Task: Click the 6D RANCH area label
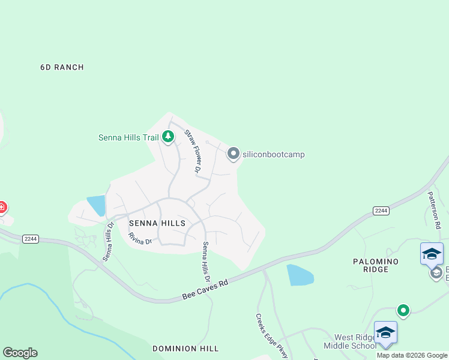pos(62,67)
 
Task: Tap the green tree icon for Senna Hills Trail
pos(168,137)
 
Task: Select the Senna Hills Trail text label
pos(128,137)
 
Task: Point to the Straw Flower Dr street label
pos(191,151)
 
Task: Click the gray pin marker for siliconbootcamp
pos(233,154)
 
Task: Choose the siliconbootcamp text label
pos(274,154)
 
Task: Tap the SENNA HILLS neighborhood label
pos(157,223)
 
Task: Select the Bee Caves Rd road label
pos(205,289)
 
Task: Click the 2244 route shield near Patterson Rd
pos(381,211)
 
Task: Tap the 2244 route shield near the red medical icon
pos(30,239)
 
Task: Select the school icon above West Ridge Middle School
pos(385,332)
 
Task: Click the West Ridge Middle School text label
pos(348,341)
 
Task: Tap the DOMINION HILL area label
pos(185,348)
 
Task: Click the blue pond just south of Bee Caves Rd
pos(300,274)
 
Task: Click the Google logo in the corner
pos(20,353)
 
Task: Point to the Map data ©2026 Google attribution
pos(412,355)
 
